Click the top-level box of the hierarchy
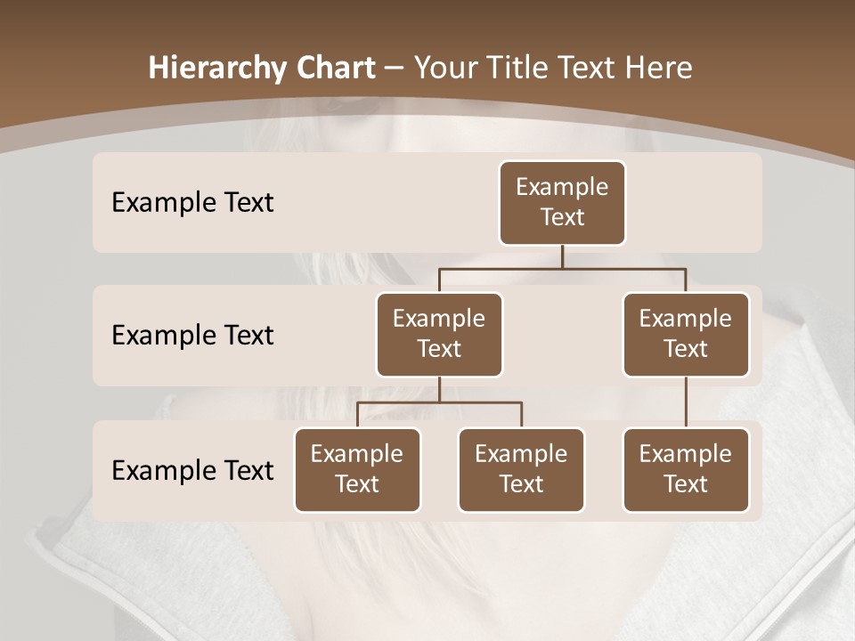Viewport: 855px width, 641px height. (x=562, y=203)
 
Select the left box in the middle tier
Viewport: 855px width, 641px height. (x=439, y=335)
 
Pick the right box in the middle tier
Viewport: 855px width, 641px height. (x=686, y=335)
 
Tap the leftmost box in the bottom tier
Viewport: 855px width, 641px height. (x=357, y=470)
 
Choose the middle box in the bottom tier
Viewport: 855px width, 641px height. (x=521, y=470)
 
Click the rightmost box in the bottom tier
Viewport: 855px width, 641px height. (x=686, y=470)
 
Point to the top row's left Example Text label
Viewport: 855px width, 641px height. (x=192, y=203)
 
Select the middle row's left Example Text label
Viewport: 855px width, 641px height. (x=192, y=336)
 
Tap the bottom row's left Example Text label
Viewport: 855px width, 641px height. (x=192, y=471)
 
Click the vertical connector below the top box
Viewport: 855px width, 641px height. (x=562, y=256)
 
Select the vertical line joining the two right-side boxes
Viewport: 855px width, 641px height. (x=686, y=402)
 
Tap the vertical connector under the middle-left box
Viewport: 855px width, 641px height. (x=439, y=389)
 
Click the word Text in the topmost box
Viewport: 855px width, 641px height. (x=562, y=217)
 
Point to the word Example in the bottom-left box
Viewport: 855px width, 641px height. (x=357, y=455)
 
